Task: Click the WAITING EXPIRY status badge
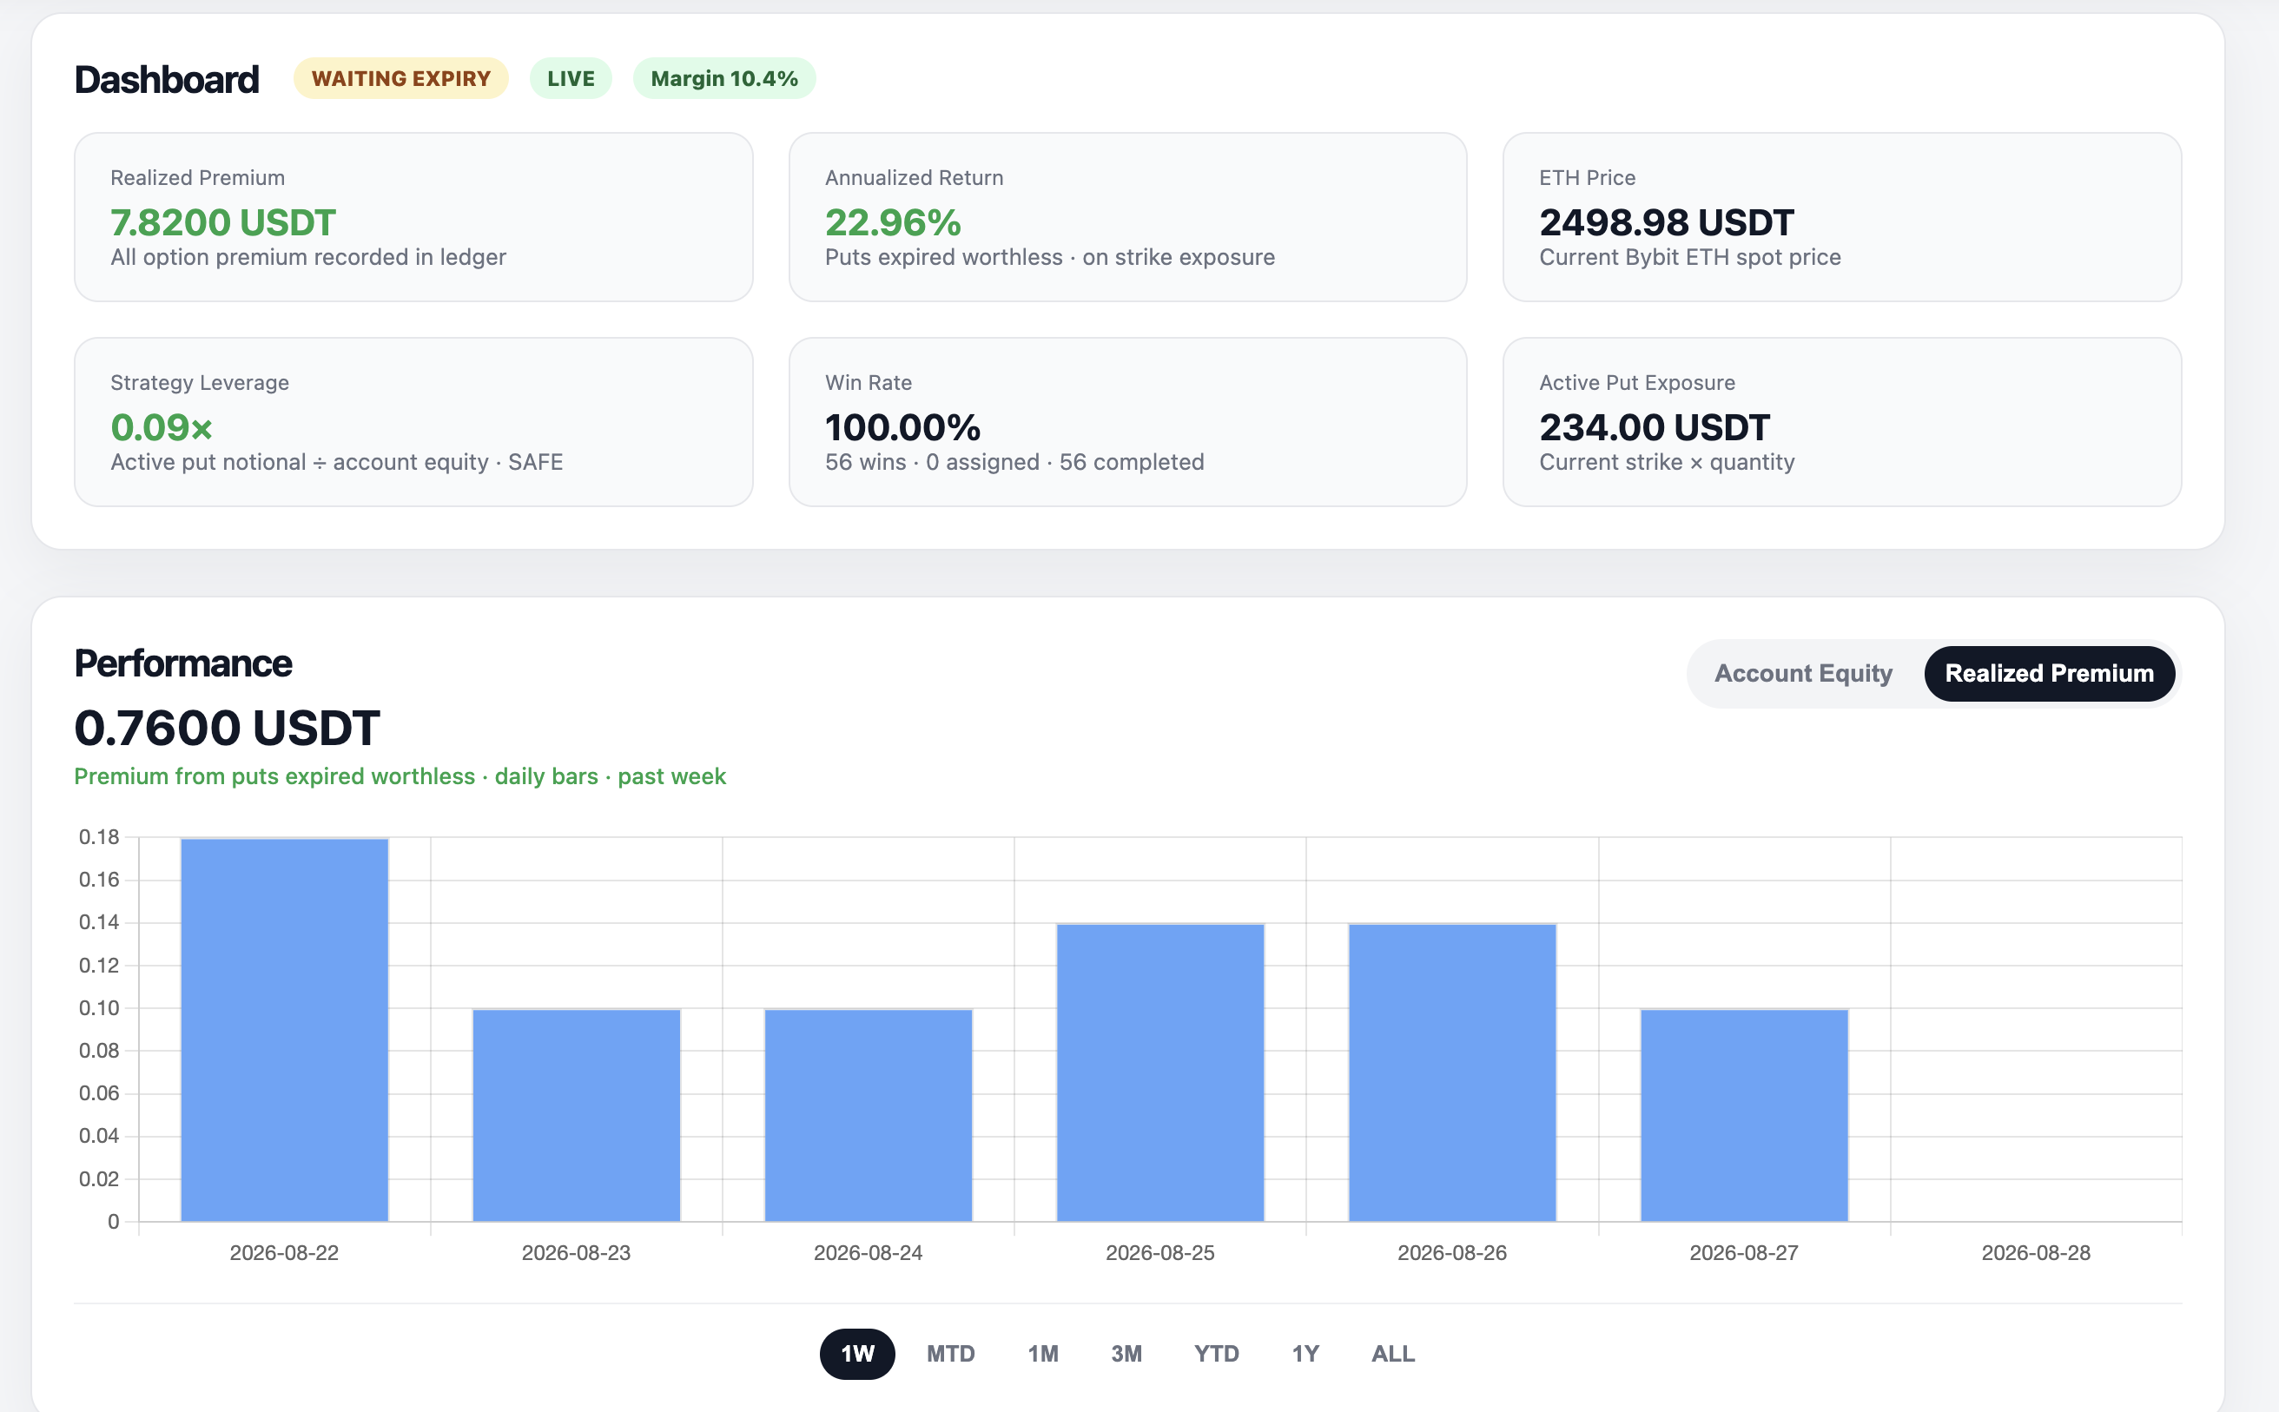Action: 400,78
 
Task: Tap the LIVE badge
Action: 571,78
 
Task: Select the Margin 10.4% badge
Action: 723,78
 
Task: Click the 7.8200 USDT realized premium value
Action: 222,222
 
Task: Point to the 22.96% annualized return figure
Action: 893,222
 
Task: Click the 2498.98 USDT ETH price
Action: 1667,222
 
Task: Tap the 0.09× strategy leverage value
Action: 162,428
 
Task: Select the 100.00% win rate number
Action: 902,428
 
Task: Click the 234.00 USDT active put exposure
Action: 1655,428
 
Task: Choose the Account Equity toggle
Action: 1803,673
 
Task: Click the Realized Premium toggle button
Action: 2049,673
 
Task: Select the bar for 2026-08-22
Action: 284,1030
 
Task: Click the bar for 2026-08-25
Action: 1160,1073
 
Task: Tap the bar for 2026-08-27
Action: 1744,1115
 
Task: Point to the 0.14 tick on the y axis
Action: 99,922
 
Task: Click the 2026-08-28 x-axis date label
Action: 2036,1253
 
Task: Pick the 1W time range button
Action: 857,1354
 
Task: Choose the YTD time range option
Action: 1216,1354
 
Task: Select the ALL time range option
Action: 1392,1354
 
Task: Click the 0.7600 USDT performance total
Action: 227,728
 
